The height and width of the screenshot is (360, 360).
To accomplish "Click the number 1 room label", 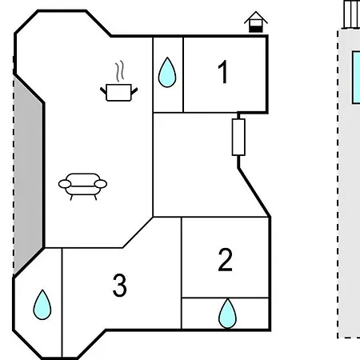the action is coord(223,72).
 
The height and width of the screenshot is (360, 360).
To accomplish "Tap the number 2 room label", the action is coord(226,260).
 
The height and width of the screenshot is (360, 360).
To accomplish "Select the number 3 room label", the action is coord(119,286).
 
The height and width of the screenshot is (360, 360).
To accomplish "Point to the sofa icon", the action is coord(82,186).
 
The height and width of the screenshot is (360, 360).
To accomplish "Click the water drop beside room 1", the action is coord(167,72).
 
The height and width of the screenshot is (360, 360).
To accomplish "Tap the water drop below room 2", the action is coord(227,314).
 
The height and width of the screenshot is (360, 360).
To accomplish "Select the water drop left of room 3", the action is coord(42,305).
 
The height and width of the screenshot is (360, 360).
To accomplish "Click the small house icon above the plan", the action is coord(256,22).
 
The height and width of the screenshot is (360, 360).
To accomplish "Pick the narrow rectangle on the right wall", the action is coord(238,137).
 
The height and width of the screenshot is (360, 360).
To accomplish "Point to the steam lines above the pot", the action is coord(120,70).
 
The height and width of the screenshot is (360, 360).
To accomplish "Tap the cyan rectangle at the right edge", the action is coord(356,78).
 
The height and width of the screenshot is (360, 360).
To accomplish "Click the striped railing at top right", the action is coord(352,14).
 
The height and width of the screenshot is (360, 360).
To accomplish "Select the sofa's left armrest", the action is coord(65,184).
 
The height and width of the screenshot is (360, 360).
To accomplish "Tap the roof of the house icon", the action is coord(256,18).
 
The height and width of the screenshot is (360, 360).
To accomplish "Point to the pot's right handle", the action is coord(134,91).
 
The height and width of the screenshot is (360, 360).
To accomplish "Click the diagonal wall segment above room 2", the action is coord(254,192).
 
